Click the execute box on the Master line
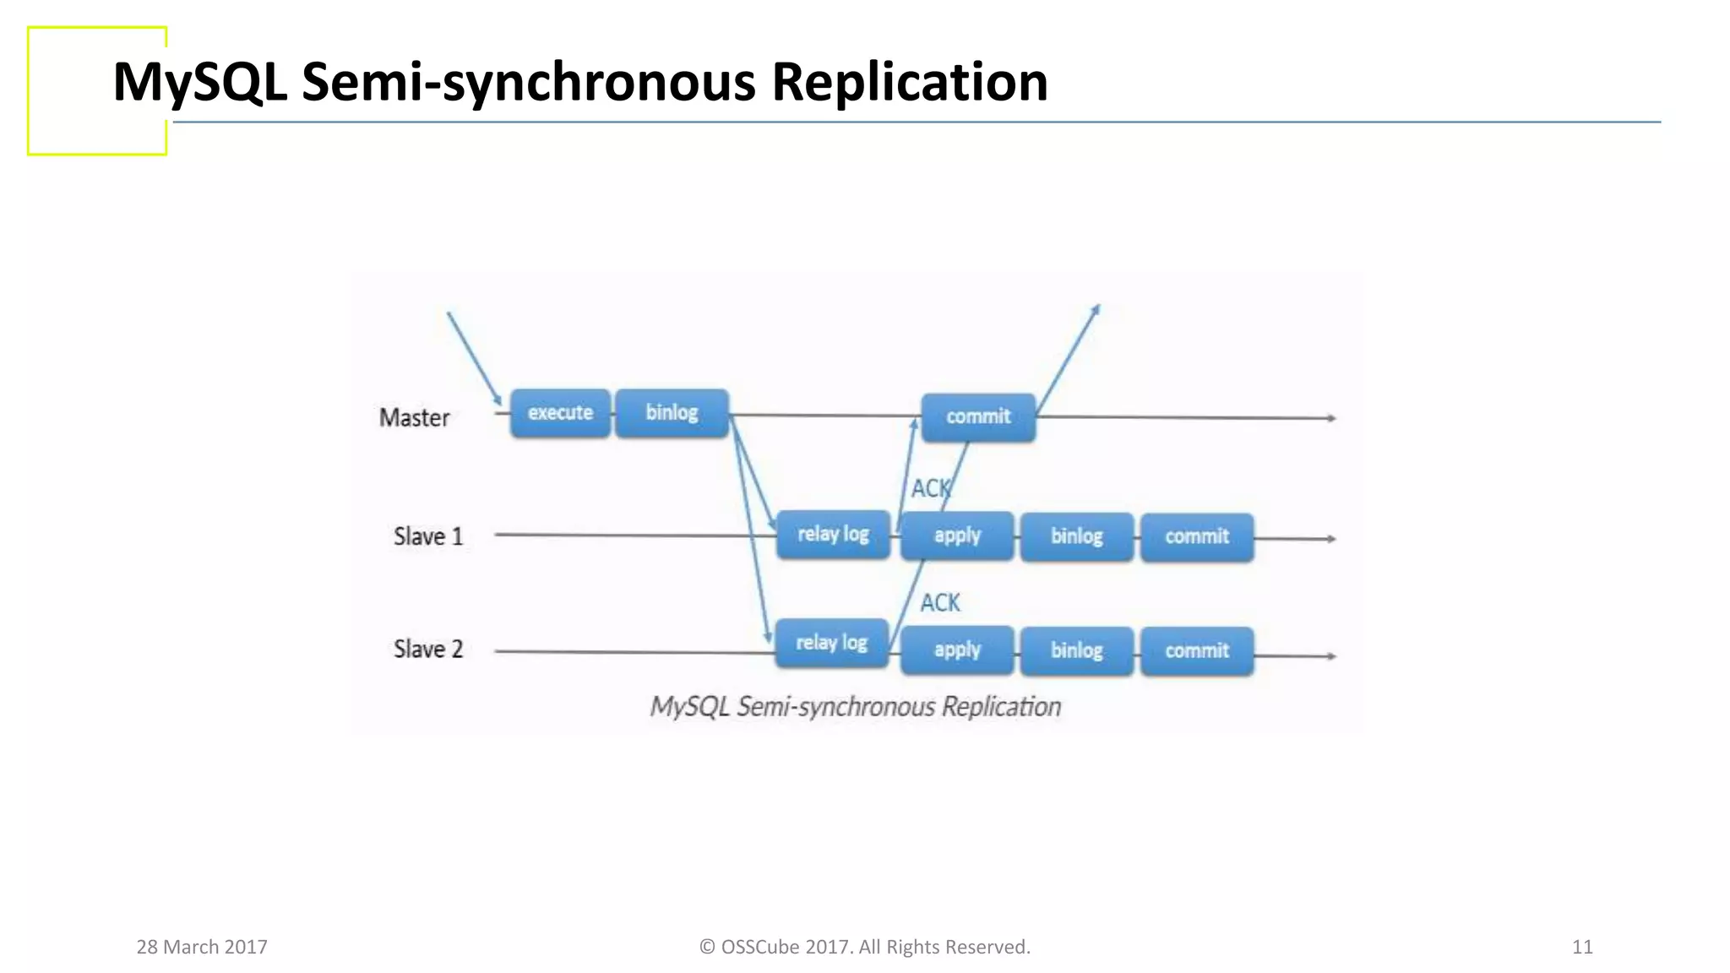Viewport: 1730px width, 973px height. point(560,413)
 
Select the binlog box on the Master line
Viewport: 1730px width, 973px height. point(672,413)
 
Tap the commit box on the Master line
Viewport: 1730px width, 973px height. point(978,416)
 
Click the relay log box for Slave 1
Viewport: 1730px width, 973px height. point(833,534)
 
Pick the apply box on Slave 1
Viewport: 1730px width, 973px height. point(957,535)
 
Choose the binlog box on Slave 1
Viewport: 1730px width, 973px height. point(1076,536)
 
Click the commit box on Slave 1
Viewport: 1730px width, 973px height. point(1197,536)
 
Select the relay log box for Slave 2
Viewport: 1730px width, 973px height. point(831,643)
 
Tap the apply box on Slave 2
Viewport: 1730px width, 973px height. point(957,650)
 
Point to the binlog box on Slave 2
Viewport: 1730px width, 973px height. point(1076,650)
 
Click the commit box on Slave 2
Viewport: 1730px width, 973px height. point(1197,650)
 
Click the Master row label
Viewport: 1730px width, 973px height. point(414,417)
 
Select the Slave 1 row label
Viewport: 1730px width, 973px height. point(428,536)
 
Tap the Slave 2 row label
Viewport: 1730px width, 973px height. point(428,649)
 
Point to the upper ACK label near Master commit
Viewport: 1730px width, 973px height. point(930,488)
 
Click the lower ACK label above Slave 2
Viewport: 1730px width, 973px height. point(939,602)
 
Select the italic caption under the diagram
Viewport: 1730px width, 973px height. point(855,706)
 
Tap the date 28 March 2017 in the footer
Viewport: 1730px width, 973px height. point(202,947)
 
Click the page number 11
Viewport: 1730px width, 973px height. point(1582,947)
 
